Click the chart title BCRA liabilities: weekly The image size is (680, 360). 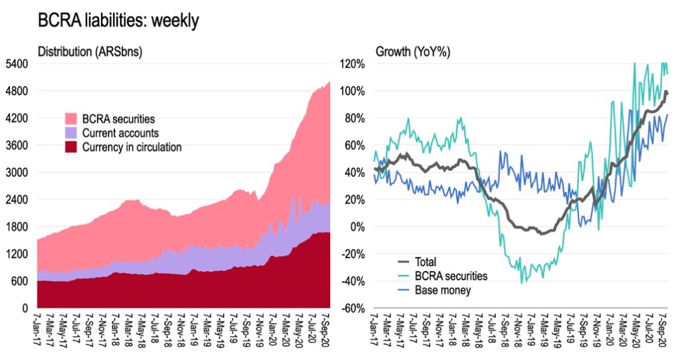pyautogui.click(x=119, y=21)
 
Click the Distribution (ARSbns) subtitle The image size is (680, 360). pyautogui.click(x=90, y=51)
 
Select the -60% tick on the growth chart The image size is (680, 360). pyautogui.click(x=353, y=309)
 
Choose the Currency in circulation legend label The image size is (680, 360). pyautogui.click(x=132, y=147)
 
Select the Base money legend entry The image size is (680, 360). pyautogui.click(x=440, y=290)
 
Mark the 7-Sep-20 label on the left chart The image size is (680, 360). pyautogui.click(x=326, y=329)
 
